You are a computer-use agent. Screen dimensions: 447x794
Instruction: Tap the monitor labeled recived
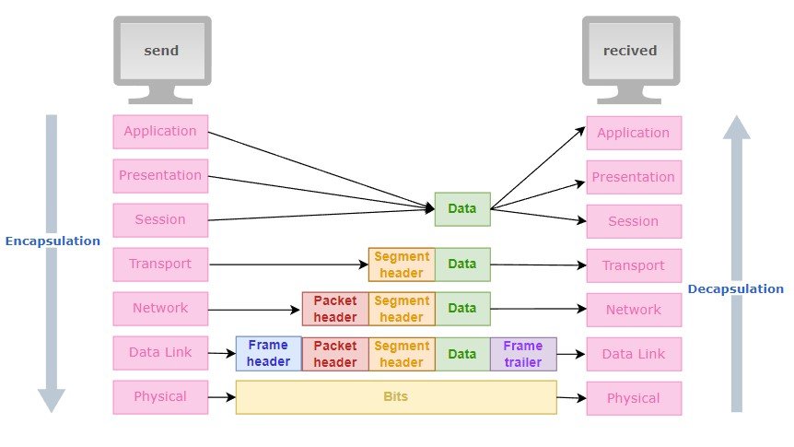tap(630, 52)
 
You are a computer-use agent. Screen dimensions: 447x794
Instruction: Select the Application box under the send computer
tap(160, 132)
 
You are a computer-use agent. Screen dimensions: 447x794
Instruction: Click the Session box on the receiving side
tap(634, 221)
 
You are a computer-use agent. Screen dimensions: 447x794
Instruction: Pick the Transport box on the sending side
tap(160, 265)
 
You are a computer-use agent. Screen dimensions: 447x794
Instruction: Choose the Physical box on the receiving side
tap(634, 398)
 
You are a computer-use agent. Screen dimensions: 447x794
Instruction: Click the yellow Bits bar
tap(396, 397)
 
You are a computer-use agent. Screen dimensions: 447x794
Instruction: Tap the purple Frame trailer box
tap(523, 354)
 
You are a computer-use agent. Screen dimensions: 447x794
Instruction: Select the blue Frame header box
tap(269, 354)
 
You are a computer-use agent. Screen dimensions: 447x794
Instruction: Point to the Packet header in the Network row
tap(335, 309)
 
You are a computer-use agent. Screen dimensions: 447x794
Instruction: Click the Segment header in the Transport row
tap(402, 265)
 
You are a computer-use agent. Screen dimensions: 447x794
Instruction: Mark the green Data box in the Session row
tap(462, 209)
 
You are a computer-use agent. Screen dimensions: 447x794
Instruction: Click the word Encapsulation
tap(53, 241)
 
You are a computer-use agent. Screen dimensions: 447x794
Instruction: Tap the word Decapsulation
tap(735, 289)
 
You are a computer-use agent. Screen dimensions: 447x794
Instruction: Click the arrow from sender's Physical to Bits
tap(222, 398)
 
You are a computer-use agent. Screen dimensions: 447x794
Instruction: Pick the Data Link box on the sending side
tap(160, 353)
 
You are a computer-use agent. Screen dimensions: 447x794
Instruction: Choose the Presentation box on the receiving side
tap(634, 177)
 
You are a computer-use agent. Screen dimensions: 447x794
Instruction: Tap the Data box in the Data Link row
tap(462, 354)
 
